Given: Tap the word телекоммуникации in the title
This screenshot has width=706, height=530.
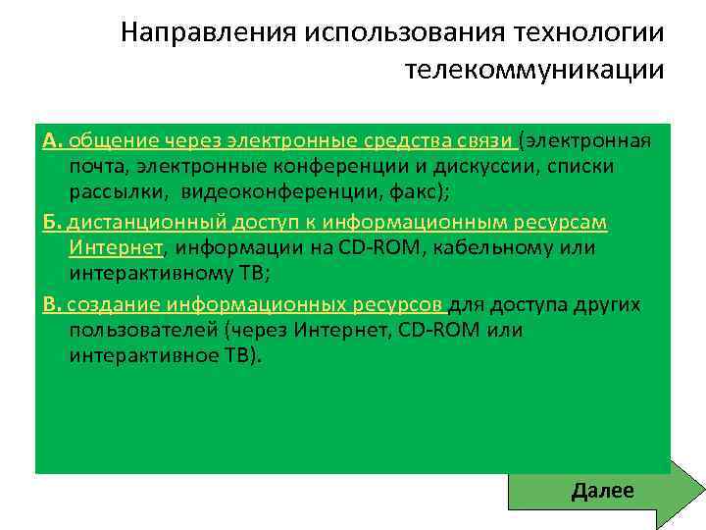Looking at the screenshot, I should (533, 70).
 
